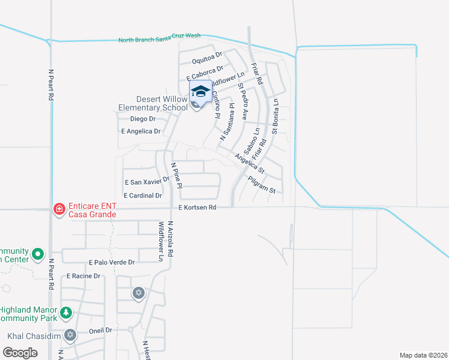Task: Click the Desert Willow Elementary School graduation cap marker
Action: [200, 92]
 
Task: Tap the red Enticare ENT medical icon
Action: [59, 209]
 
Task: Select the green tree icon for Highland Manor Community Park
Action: [66, 313]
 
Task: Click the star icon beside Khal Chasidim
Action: [70, 335]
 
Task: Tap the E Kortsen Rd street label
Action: [197, 208]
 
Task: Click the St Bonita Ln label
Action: [276, 116]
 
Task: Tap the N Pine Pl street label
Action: [176, 174]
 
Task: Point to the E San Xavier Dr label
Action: [148, 182]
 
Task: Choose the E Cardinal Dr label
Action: [143, 196]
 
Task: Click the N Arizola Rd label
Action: [170, 239]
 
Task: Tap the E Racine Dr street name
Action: [85, 276]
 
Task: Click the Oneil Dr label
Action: [101, 330]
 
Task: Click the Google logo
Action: [20, 353]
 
